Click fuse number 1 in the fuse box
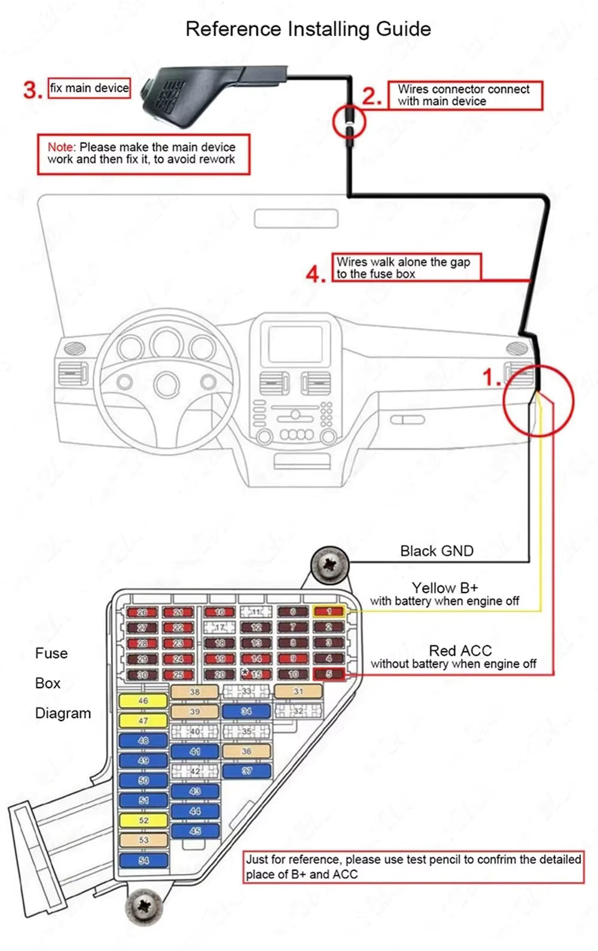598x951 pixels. click(x=328, y=611)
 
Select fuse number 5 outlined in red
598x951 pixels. click(x=328, y=674)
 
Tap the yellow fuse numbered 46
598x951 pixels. click(x=143, y=700)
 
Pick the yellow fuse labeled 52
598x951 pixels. click(x=143, y=820)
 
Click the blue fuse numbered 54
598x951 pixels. click(x=143, y=860)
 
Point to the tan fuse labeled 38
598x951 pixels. click(x=195, y=691)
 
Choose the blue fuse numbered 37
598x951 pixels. click(x=246, y=771)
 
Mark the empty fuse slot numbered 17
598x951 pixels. click(x=219, y=627)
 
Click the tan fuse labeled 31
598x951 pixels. click(x=298, y=691)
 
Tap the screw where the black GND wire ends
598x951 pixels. click(x=329, y=564)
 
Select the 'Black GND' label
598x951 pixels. click(x=437, y=551)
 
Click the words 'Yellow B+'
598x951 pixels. click(x=445, y=588)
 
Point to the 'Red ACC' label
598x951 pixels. click(x=460, y=650)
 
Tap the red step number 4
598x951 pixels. click(x=316, y=274)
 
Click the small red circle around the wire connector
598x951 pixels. click(x=349, y=121)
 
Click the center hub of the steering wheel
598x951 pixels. click(x=167, y=384)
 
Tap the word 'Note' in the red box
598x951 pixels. click(x=61, y=147)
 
